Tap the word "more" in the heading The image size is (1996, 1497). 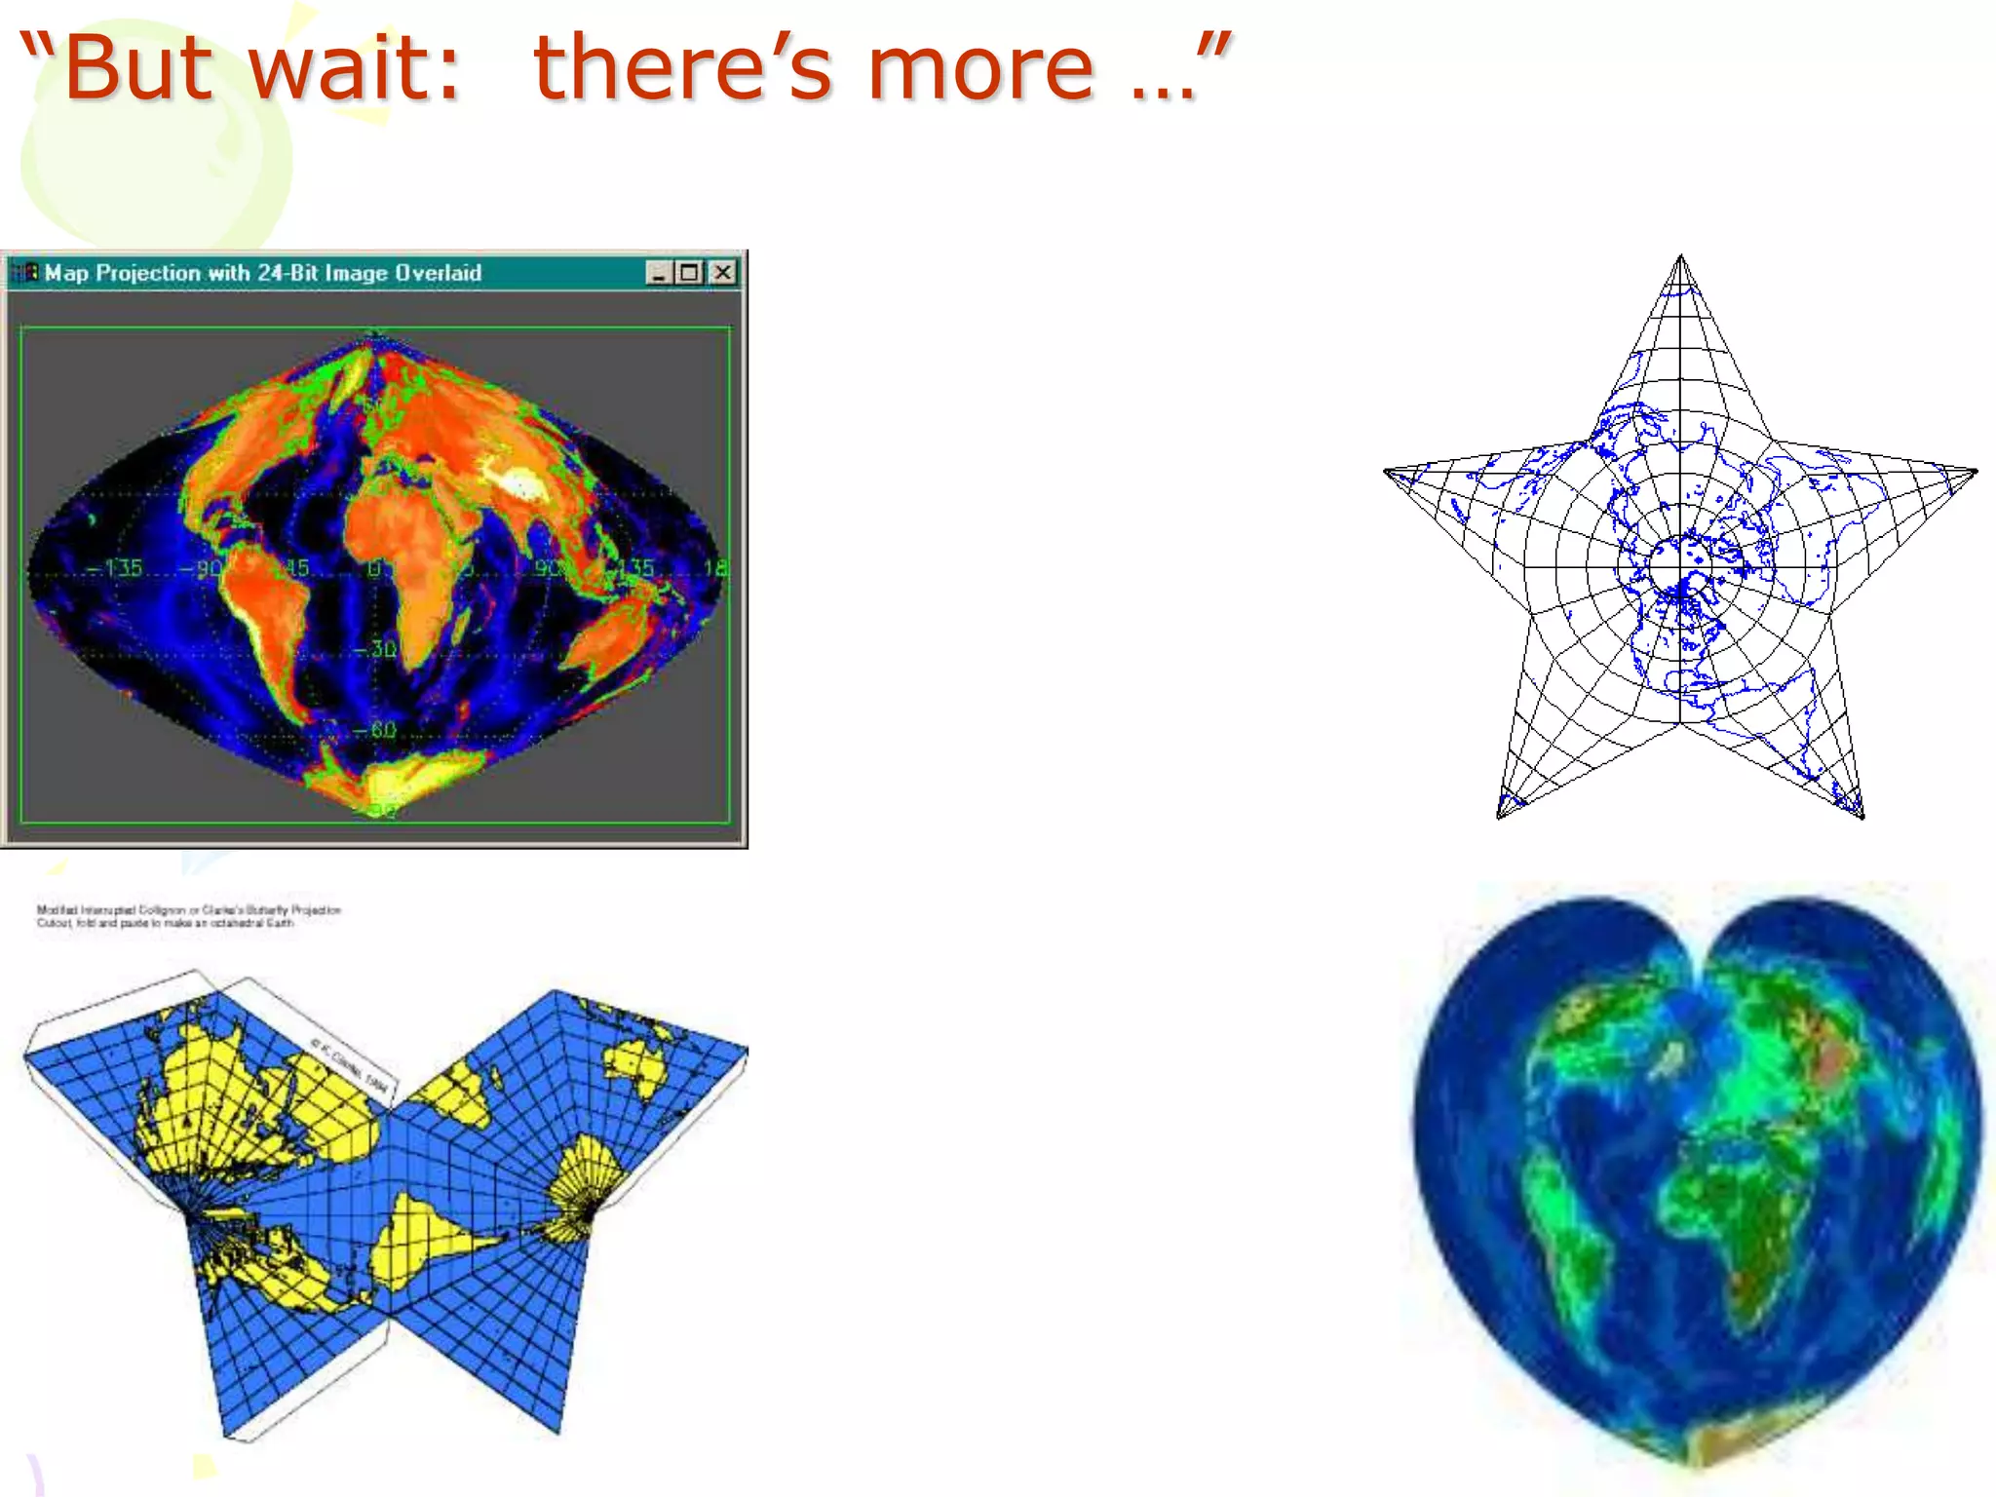pos(980,68)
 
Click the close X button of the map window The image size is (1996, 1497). pos(722,273)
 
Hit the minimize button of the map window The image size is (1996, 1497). pos(659,273)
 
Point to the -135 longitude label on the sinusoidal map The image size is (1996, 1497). pos(117,568)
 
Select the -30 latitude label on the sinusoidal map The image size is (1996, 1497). pos(375,649)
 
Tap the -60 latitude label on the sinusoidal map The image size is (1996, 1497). pos(375,730)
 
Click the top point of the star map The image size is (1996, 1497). pos(1680,259)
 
